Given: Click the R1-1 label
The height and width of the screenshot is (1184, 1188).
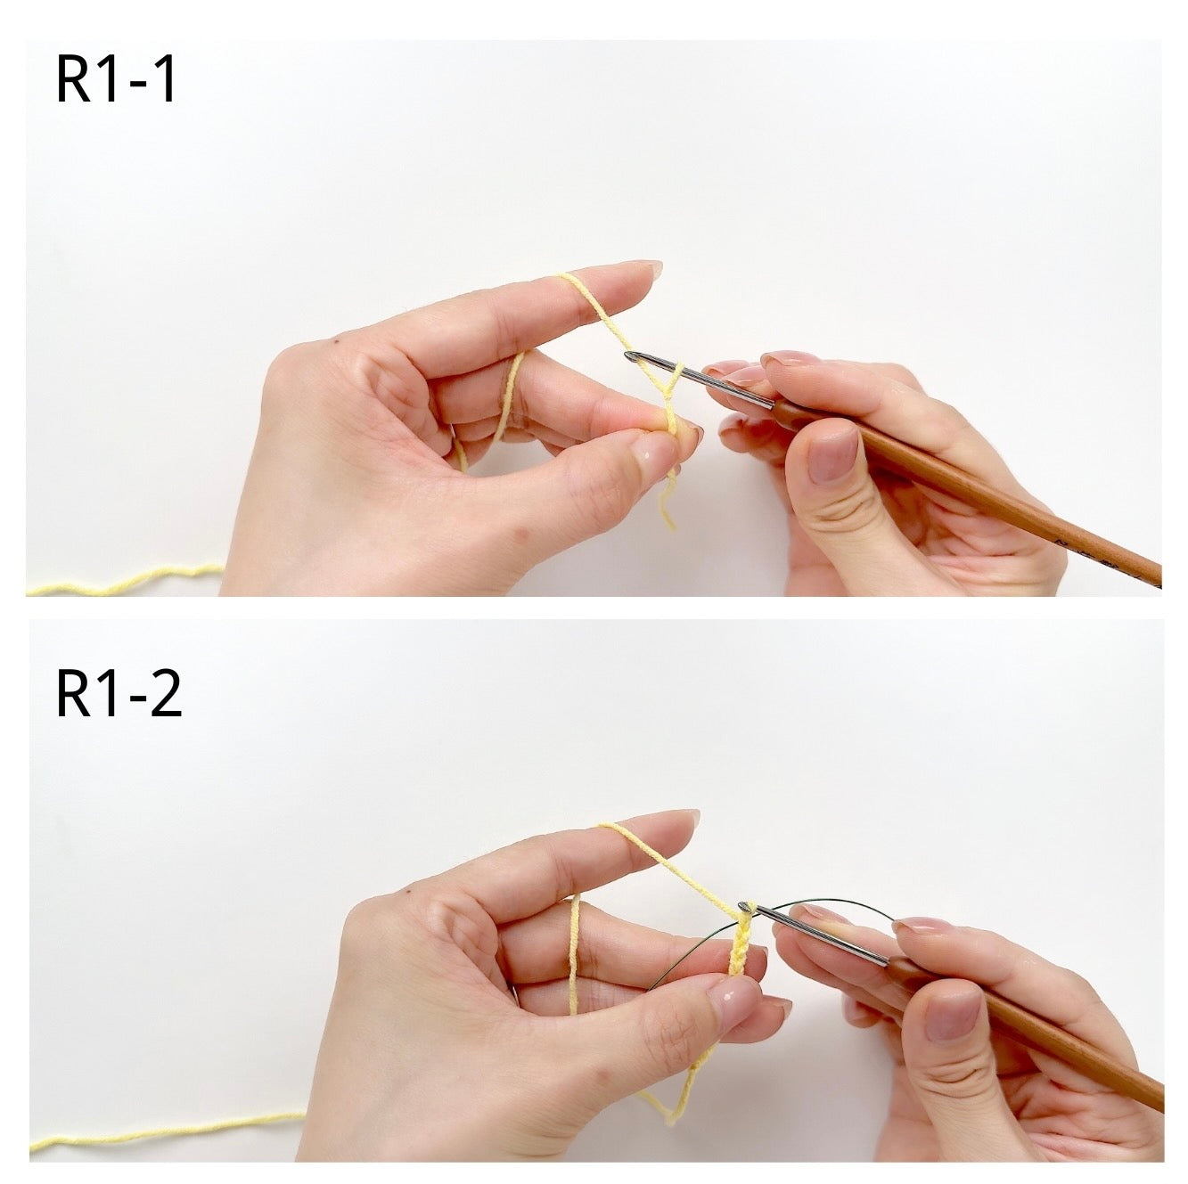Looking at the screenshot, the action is tap(117, 79).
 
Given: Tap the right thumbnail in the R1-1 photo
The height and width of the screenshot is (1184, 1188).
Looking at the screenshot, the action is tap(832, 455).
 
